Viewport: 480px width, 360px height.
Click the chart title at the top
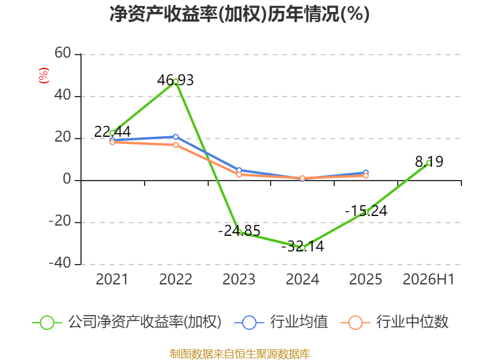pos(239,14)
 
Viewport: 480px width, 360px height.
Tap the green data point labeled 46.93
pos(176,82)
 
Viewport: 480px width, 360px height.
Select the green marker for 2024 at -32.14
pos(302,248)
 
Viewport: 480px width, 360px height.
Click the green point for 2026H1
pos(429,163)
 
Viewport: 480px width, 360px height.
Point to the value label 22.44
pos(112,131)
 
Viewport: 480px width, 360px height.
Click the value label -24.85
pos(239,230)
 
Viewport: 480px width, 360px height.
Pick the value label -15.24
pos(366,211)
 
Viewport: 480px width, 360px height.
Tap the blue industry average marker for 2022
pos(176,137)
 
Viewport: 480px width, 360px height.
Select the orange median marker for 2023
pos(239,175)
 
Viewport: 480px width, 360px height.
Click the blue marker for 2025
pos(365,173)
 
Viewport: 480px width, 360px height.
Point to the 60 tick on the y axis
pos(63,53)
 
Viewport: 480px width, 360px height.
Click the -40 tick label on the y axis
pos(60,263)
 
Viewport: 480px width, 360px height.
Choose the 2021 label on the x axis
pos(112,279)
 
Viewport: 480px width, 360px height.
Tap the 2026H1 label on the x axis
pos(428,279)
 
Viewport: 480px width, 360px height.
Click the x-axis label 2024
pos(302,279)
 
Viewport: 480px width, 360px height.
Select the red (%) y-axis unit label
pos(43,76)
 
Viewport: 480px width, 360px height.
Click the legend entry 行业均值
pos(281,322)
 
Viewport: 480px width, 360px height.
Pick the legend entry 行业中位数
pos(394,322)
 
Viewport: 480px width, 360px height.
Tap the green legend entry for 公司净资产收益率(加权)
pos(127,322)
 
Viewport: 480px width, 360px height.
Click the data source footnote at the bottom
pos(239,354)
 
